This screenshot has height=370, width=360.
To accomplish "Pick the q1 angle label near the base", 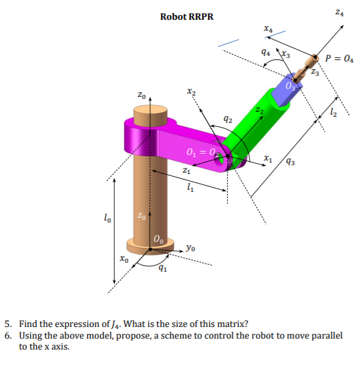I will tap(162, 268).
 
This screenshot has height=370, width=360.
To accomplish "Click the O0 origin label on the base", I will tap(157, 240).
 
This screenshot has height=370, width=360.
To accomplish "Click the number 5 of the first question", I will tap(7, 324).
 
